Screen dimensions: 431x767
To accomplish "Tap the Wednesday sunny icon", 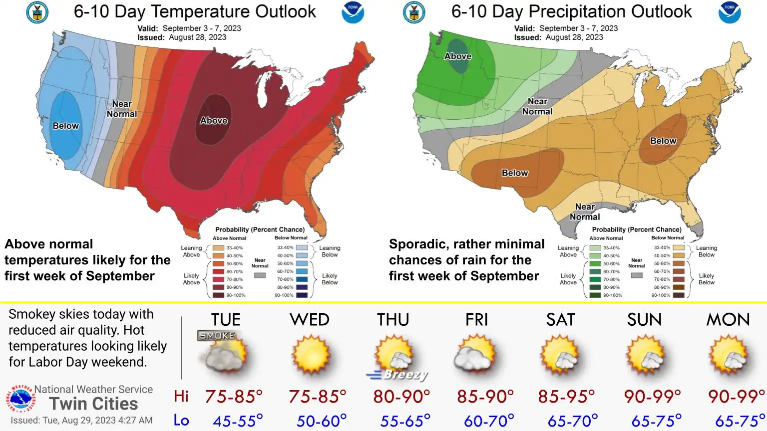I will point(311,354).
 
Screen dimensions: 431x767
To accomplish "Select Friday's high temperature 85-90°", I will point(485,397).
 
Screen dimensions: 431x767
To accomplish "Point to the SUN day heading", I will point(644,320).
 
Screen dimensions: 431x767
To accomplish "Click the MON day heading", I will point(728,320).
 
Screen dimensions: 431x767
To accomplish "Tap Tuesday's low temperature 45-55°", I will point(238,421).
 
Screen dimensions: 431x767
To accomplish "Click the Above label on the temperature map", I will point(214,121).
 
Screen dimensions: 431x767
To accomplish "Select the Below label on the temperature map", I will point(66,126).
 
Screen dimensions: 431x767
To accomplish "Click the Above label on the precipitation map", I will point(458,56).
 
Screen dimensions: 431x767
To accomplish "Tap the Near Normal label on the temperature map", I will point(122,109).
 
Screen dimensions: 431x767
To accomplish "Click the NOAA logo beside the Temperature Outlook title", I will point(353,13).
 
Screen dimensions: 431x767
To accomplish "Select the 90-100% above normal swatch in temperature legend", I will point(218,295).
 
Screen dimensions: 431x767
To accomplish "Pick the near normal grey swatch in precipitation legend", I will point(637,275).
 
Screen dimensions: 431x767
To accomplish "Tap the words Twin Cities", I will point(93,404).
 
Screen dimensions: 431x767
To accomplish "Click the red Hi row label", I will point(181,397).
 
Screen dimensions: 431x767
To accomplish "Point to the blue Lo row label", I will point(181,421).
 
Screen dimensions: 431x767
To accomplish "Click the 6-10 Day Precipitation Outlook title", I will point(571,11).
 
